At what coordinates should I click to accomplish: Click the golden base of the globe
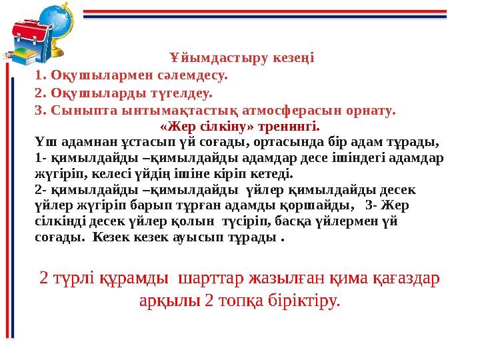[x=57, y=53]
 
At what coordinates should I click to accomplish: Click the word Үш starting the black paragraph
[x=43, y=141]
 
